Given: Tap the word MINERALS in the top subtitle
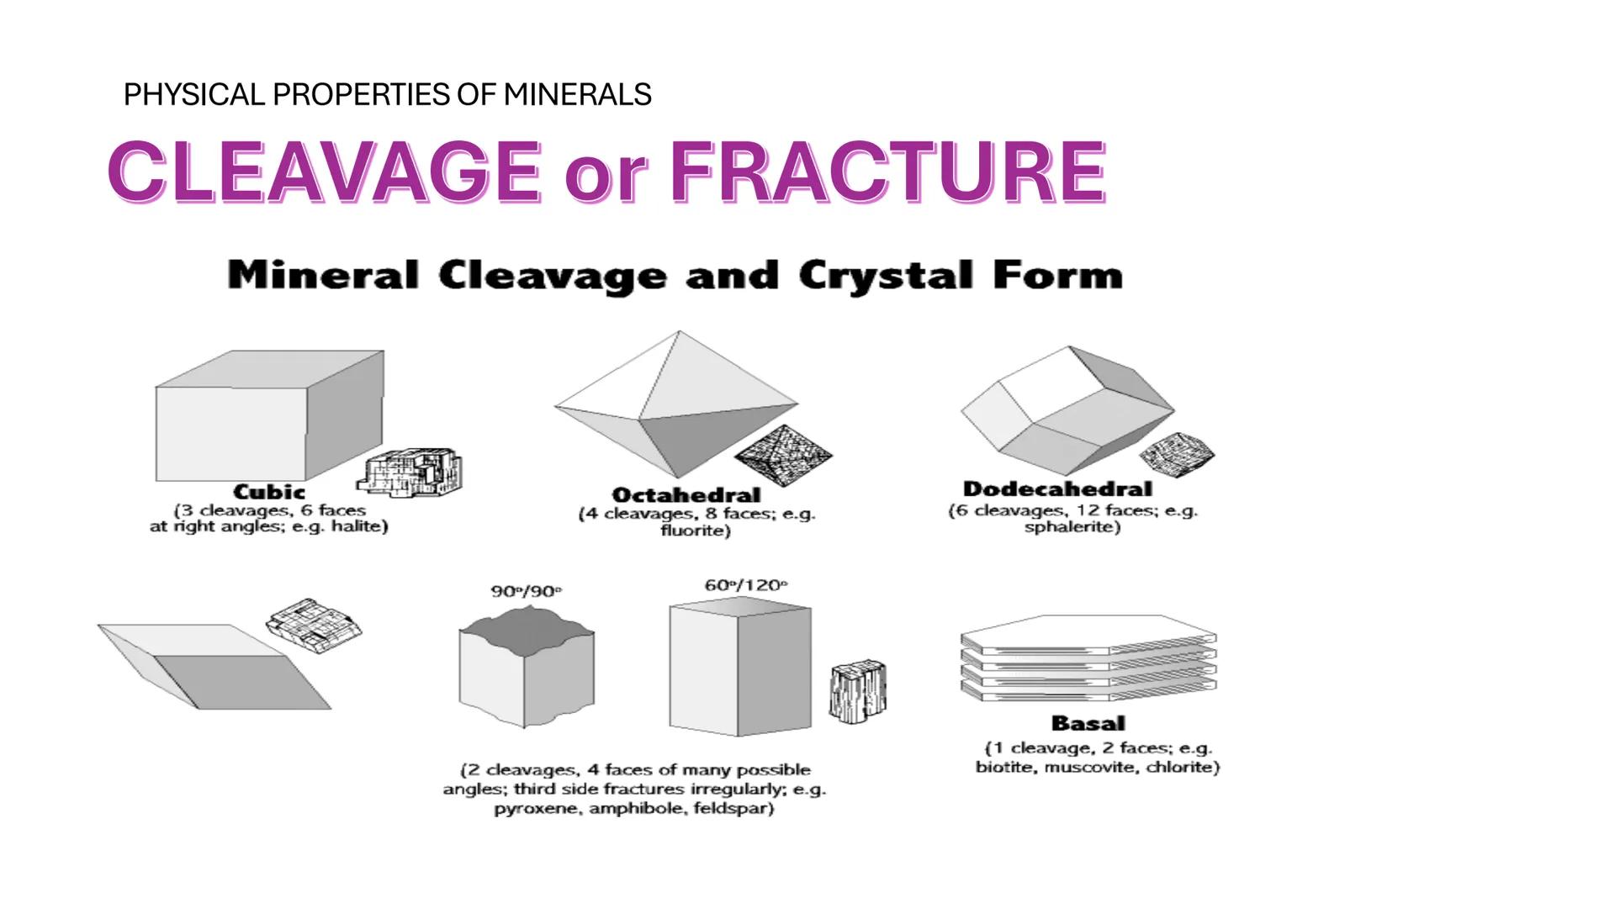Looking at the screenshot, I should coord(577,94).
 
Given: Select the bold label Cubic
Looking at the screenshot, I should coord(269,492).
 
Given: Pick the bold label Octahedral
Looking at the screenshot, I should coord(686,495).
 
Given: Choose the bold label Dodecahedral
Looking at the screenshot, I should coord(1057,489).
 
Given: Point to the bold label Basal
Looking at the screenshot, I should coord(1088,723).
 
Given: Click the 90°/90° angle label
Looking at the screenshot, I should coord(526,591).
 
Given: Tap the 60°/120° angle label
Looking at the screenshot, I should coord(746,585).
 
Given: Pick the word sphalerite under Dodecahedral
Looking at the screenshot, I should coord(1071,528).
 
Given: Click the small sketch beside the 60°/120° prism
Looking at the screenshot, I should coord(858,690).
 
